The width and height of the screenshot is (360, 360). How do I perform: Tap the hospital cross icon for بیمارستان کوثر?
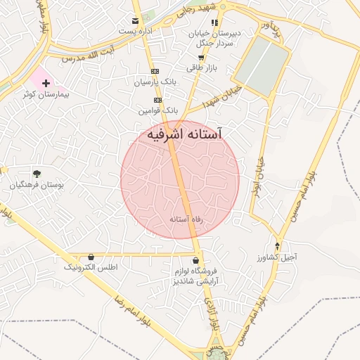click(46, 82)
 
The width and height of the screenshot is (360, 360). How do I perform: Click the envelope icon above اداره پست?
click(135, 20)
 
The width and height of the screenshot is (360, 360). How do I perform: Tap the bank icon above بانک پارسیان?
click(155, 72)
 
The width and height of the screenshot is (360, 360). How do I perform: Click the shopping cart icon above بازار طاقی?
click(202, 58)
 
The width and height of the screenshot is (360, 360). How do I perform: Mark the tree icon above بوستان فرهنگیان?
click(37, 174)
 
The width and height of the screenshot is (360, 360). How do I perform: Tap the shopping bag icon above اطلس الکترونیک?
click(91, 257)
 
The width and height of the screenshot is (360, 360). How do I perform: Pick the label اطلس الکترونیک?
click(91, 268)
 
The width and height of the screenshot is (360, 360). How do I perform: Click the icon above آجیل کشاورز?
click(278, 246)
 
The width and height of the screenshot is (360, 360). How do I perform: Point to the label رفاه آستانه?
click(186, 219)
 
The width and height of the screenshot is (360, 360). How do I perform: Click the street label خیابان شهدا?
click(222, 98)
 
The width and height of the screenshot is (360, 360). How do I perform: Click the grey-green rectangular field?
click(262, 65)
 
